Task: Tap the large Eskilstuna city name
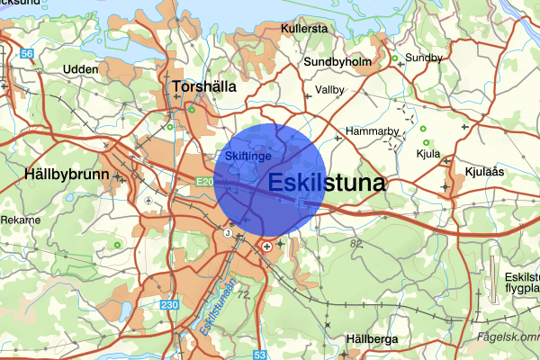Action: click(x=327, y=183)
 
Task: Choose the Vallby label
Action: click(x=330, y=90)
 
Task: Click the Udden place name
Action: click(x=80, y=69)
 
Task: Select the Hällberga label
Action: click(x=371, y=338)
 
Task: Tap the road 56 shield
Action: click(x=27, y=55)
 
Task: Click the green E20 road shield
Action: click(x=203, y=181)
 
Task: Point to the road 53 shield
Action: click(x=260, y=355)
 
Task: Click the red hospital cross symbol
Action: click(x=266, y=244)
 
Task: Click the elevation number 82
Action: click(x=357, y=243)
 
